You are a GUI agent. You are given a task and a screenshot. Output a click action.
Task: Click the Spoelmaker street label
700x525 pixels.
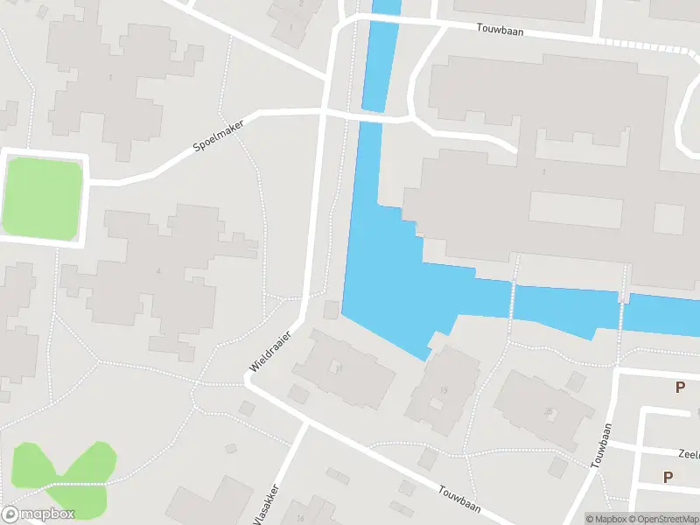pos(219,136)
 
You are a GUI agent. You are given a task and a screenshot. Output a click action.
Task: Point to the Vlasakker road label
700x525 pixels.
pos(266,506)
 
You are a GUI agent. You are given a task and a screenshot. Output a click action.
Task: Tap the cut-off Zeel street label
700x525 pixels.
pos(689,454)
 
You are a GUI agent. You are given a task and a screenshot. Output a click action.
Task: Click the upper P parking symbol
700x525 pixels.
pos(680,387)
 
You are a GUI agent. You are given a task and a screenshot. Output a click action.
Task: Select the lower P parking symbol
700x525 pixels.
pos(668,477)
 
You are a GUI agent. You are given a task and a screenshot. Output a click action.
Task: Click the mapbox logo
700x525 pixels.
pos(38,514)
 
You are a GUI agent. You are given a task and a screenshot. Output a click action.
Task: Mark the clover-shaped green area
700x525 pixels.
pos(66,477)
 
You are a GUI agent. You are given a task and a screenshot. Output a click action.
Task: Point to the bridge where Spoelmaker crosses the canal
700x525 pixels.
pos(373,116)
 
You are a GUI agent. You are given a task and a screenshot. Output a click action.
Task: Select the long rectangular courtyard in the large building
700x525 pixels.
pos(575,208)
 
